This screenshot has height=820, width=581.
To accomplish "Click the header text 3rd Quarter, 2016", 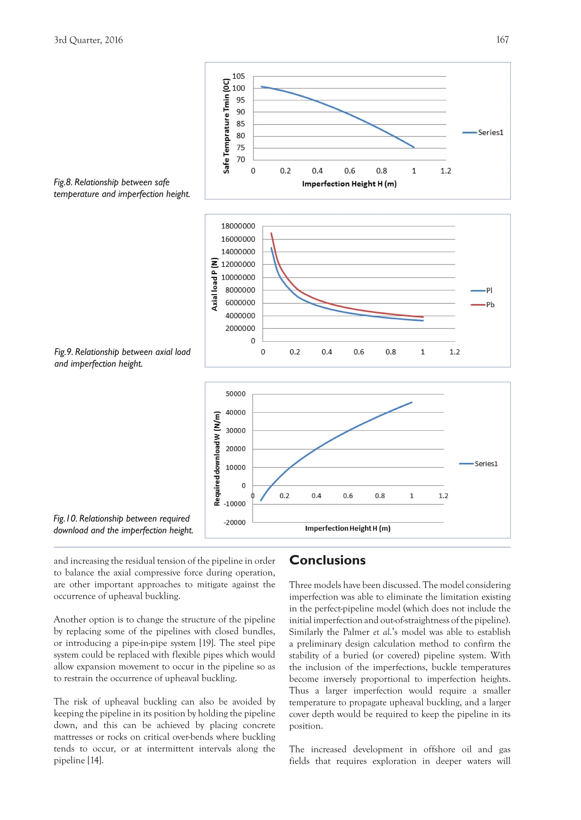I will click(x=88, y=40).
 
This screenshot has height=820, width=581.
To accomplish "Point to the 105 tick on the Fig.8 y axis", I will click(x=238, y=76).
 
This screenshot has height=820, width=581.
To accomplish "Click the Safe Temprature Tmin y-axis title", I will click(x=226, y=126).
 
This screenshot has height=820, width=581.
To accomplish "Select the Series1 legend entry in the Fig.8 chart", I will click(x=483, y=133).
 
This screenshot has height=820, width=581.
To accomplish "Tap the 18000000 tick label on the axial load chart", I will click(x=238, y=226).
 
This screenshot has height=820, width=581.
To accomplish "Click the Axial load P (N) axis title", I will click(x=214, y=284).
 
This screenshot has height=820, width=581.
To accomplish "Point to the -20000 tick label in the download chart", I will click(x=234, y=522).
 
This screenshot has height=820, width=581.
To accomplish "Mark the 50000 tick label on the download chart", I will click(x=235, y=394).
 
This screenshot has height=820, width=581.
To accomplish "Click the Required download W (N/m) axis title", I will click(x=217, y=458).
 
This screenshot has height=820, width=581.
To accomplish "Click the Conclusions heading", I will click(x=327, y=560).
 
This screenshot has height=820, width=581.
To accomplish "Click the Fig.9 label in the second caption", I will click(x=64, y=352).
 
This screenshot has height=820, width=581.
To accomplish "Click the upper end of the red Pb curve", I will click(x=271, y=233).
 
